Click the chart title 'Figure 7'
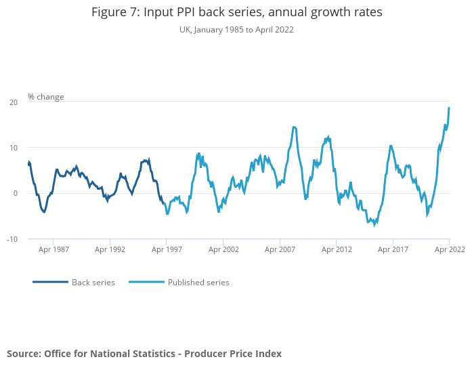pos(236,13)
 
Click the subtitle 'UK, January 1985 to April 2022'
pos(236,30)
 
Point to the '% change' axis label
pos(46,97)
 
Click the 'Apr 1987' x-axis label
pos(53,249)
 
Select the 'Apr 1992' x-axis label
pos(110,249)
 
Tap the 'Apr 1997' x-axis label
pos(167,249)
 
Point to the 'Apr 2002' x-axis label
pos(223,249)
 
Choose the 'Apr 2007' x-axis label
pos(280,249)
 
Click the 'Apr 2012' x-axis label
pos(337,249)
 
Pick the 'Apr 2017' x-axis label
pos(393,249)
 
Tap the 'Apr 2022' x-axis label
pos(449,249)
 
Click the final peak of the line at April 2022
pos(449,108)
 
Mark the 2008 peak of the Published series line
pos(294,127)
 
